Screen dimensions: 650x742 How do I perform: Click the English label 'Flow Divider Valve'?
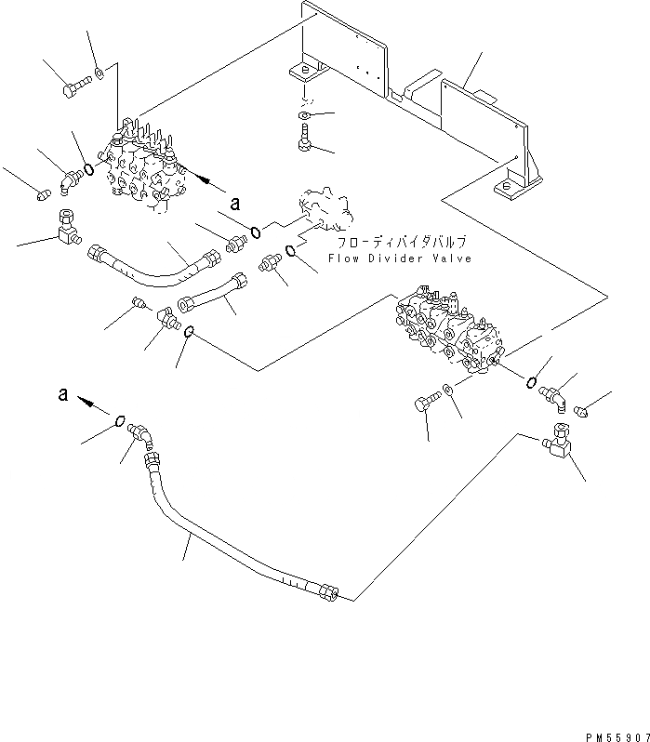[400, 258]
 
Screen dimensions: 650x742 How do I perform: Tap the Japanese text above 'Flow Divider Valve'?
[402, 243]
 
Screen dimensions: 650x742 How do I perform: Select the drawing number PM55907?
[617, 736]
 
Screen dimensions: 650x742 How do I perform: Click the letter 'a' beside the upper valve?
[235, 204]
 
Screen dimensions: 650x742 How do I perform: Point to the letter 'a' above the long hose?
[63, 393]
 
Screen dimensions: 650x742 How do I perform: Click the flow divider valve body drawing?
[326, 210]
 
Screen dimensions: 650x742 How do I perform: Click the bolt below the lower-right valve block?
[427, 401]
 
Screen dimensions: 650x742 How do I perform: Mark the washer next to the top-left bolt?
[99, 73]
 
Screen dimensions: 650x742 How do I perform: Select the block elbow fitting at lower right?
[558, 440]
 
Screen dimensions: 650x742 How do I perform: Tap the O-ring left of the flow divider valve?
[255, 232]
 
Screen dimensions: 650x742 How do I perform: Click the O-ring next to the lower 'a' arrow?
[120, 420]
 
